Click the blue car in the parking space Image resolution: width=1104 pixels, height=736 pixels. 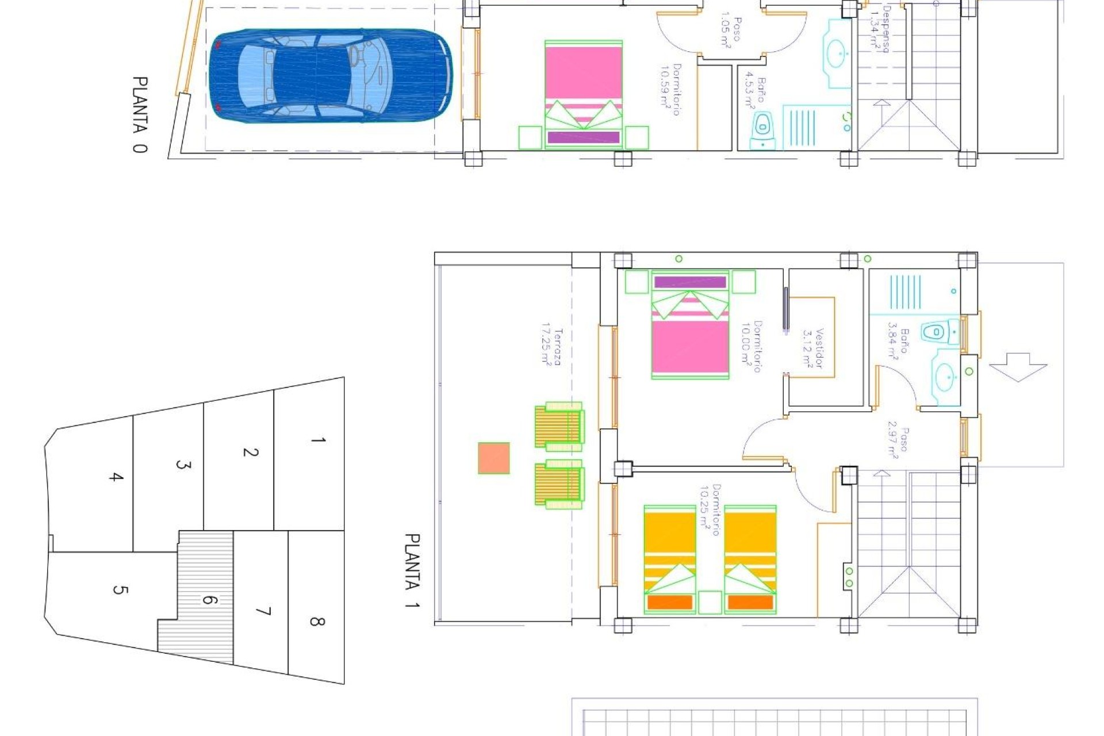(331, 76)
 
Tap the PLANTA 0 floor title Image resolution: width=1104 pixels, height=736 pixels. (140, 114)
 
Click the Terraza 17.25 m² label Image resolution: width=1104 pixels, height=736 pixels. (551, 347)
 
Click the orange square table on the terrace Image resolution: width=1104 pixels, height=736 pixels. (494, 458)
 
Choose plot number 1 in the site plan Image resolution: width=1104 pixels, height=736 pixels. (318, 440)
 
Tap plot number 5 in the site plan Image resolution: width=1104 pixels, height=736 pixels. (120, 589)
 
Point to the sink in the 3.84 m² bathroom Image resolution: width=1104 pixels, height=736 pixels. (945, 378)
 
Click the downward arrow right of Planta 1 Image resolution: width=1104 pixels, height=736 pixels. (1018, 367)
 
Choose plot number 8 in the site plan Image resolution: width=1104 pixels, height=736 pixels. (317, 621)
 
